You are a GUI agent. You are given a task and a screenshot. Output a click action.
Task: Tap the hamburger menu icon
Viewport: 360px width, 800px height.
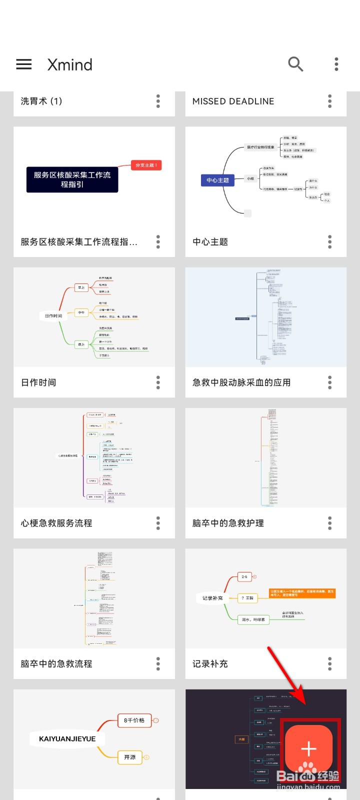tap(24, 64)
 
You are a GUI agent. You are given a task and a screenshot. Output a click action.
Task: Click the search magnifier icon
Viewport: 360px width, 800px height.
tap(295, 64)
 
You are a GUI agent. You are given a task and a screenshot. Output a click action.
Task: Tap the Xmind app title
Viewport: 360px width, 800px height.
tap(70, 64)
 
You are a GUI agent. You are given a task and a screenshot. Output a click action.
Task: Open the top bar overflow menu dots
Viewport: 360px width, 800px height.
tap(336, 64)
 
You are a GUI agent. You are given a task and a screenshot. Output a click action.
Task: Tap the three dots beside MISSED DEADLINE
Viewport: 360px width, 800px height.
tap(330, 101)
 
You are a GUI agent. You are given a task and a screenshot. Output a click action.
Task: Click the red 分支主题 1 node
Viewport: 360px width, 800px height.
tap(146, 165)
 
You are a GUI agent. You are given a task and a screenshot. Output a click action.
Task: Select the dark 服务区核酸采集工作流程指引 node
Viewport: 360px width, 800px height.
tap(72, 179)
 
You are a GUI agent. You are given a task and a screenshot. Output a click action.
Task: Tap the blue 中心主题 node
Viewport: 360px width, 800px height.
tap(217, 180)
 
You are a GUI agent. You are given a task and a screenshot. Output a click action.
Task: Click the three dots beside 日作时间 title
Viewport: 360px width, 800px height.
tap(158, 382)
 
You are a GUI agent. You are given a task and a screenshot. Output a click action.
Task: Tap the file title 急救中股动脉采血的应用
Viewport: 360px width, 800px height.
tap(241, 382)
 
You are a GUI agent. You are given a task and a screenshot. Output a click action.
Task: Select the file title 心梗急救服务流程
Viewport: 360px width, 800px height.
tap(56, 523)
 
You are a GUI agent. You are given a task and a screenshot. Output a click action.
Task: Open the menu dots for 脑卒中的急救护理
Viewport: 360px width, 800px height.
tap(330, 523)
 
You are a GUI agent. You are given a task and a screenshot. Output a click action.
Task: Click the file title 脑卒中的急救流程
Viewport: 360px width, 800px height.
tap(56, 663)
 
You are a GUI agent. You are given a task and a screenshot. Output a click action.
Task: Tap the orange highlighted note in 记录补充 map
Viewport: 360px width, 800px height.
tap(302, 593)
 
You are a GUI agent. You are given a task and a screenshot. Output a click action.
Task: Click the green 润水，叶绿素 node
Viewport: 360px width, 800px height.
tap(253, 619)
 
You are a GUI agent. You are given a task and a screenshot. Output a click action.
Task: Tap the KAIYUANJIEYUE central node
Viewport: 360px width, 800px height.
tap(67, 738)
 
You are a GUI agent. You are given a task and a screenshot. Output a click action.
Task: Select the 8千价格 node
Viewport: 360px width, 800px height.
tap(134, 720)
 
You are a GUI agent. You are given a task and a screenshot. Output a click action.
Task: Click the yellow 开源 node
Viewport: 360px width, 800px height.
tap(130, 757)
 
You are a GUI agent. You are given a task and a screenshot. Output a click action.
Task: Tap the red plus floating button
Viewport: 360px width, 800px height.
tap(308, 748)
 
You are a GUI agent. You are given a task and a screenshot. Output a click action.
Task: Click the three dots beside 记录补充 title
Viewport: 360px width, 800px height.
tap(330, 663)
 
